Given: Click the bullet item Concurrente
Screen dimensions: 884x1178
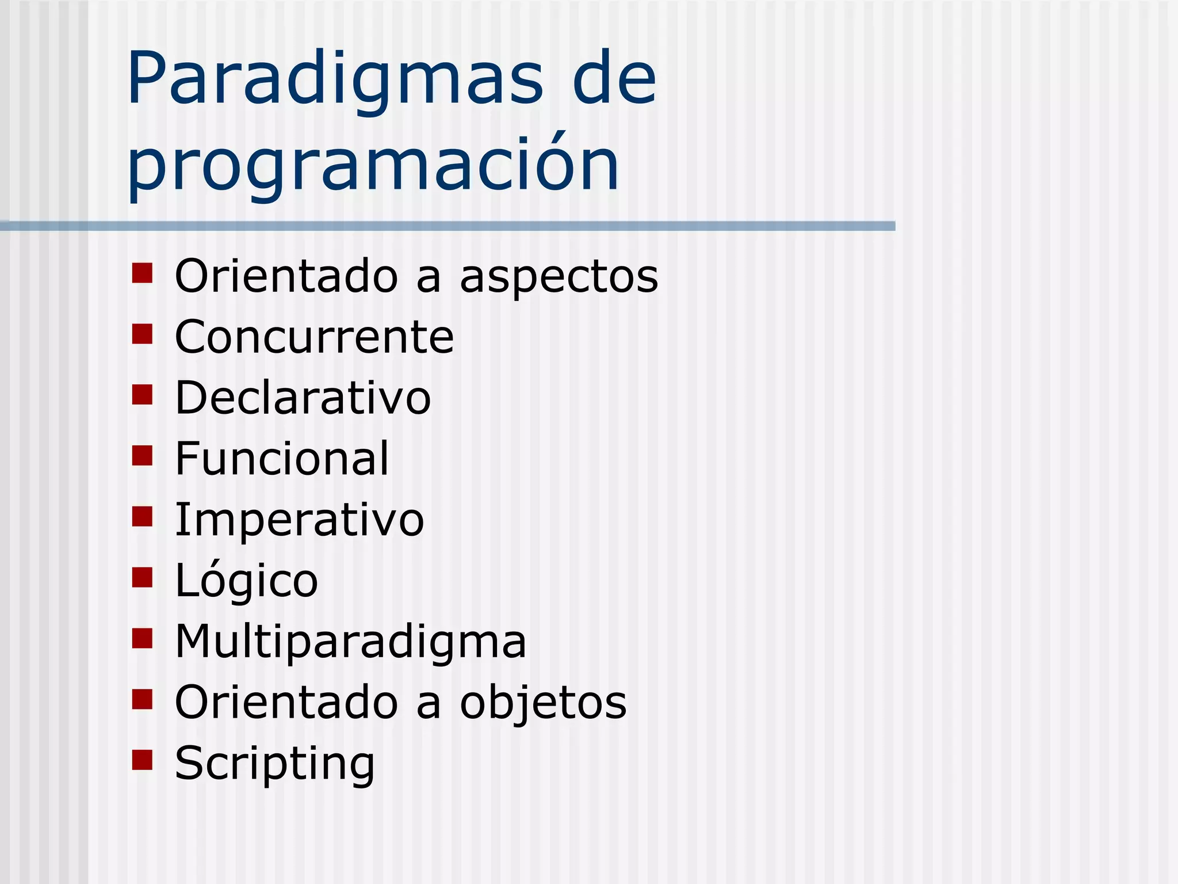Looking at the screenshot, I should pos(314,337).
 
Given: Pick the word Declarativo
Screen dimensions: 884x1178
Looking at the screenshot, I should pos(303,398).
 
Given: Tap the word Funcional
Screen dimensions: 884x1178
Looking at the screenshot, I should pos(282,459).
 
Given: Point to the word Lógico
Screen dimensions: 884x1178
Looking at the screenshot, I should pos(246,581).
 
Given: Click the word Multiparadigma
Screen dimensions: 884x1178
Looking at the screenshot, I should pos(350,642).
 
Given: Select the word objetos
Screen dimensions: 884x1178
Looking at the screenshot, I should pos(543,703).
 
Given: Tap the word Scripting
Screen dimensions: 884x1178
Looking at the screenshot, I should pos(274,764).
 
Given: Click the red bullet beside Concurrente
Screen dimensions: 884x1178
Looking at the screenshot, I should pos(142,334).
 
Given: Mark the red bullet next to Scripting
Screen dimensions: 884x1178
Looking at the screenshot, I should pos(142,760).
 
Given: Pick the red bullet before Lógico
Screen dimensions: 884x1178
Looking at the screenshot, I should pos(142,577).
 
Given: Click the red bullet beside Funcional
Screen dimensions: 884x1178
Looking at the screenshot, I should pos(142,455).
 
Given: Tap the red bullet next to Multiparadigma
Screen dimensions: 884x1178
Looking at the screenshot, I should pos(142,638).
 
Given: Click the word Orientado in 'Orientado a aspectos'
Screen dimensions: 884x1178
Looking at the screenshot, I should pos(286,276).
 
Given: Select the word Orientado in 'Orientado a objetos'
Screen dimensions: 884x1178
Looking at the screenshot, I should pos(286,703).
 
